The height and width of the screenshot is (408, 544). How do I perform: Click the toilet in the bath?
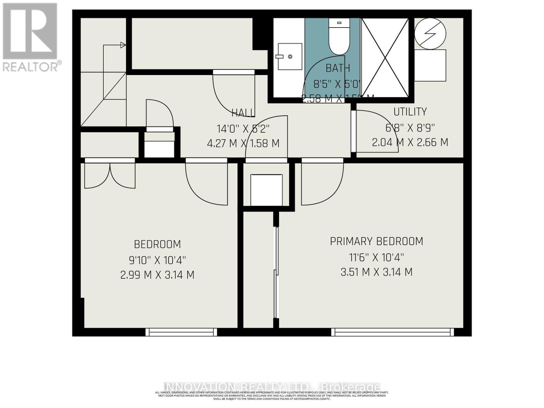[x=339, y=37]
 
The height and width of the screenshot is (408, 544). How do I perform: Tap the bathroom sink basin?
[x=290, y=56]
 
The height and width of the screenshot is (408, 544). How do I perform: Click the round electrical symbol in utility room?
[x=430, y=33]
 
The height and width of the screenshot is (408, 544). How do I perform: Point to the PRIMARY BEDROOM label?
[x=376, y=241]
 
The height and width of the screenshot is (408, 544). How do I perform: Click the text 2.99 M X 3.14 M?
[x=157, y=275]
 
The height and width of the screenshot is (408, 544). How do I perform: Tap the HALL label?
[x=243, y=113]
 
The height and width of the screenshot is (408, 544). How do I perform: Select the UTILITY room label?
[x=410, y=112]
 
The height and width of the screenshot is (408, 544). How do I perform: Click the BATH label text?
[x=338, y=68]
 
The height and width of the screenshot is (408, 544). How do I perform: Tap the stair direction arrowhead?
[x=123, y=45]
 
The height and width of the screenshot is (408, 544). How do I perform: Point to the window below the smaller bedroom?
[x=181, y=332]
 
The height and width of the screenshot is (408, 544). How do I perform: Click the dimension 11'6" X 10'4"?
[x=376, y=257]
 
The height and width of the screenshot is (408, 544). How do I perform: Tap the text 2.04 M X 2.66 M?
[x=410, y=142]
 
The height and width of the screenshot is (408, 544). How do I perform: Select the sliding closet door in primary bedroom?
[x=276, y=269]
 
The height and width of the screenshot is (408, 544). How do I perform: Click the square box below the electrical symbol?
[x=430, y=65]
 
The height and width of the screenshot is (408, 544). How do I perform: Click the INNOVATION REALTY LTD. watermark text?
[x=272, y=387]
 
